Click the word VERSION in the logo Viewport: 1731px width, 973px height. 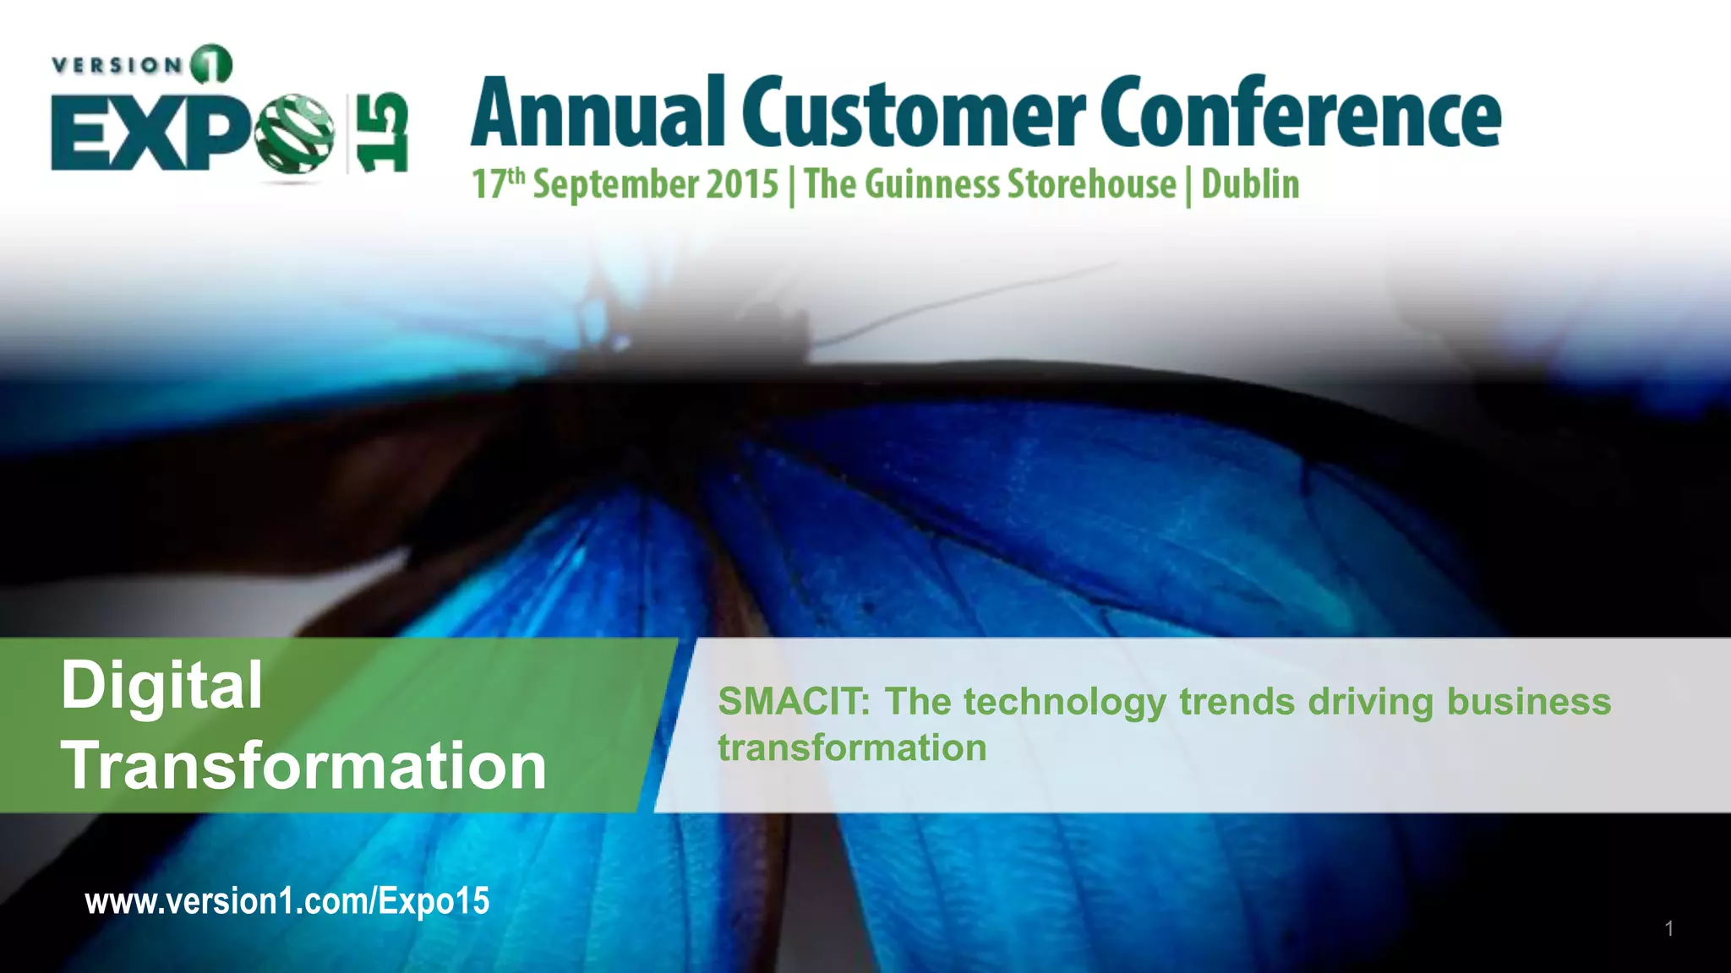click(117, 65)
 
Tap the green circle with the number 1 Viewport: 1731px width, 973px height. click(211, 65)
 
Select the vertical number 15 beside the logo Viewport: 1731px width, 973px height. click(381, 133)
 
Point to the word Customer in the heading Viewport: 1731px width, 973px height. click(913, 113)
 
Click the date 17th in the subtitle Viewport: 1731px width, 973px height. click(498, 184)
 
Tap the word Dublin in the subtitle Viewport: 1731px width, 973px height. click(1250, 184)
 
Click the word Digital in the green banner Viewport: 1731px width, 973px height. click(161, 686)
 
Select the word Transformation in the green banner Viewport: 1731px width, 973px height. click(304, 765)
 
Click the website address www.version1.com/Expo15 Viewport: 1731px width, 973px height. click(287, 901)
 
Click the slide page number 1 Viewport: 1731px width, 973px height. click(1668, 928)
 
